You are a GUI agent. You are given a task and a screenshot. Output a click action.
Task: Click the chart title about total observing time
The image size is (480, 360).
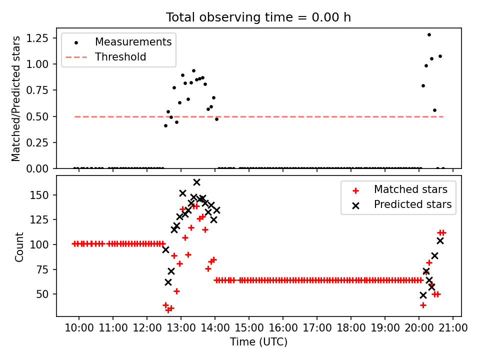click(x=258, y=17)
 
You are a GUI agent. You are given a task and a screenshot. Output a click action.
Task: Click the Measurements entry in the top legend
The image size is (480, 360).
click(x=133, y=41)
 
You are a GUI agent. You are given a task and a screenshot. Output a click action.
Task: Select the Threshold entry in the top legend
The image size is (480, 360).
click(x=120, y=57)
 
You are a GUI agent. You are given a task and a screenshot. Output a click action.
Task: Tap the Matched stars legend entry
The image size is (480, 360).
click(x=410, y=189)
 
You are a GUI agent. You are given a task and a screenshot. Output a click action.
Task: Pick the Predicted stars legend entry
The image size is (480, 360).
click(x=412, y=204)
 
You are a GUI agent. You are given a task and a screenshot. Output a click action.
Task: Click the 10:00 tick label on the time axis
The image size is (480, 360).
click(x=79, y=328)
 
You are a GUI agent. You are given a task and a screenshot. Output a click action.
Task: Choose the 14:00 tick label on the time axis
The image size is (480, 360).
click(x=215, y=328)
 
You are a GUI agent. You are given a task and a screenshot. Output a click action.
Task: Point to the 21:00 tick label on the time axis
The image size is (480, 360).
click(x=453, y=328)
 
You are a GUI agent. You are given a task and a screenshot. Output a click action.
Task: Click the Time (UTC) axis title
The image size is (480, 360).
click(x=258, y=342)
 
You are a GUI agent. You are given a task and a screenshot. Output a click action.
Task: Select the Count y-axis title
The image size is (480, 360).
click(x=19, y=247)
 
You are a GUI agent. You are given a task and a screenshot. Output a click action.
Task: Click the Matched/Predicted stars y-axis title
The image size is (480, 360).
click(x=16, y=98)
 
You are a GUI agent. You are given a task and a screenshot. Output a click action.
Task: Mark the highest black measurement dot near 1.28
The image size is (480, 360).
click(x=429, y=34)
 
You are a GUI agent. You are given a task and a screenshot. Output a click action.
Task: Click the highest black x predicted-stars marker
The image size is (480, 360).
click(x=196, y=182)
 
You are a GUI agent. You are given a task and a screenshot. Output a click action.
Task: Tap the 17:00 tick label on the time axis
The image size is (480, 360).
click(x=317, y=328)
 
